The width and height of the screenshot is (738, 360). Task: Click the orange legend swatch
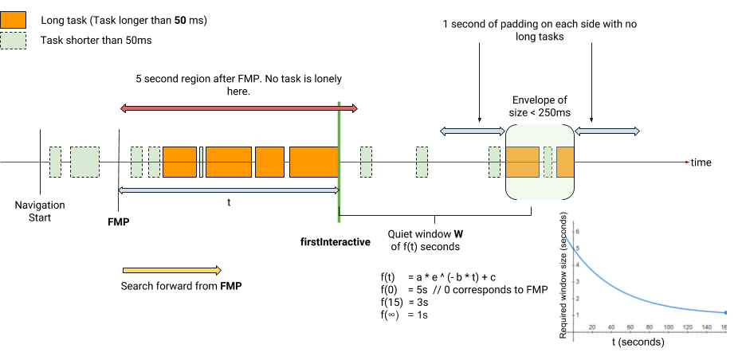pos(13,20)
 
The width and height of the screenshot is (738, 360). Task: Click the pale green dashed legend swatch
pos(13,41)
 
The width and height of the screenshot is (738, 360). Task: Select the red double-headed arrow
pos(238,108)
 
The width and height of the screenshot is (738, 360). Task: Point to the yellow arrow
pos(171,271)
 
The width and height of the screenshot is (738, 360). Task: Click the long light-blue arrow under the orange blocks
pos(229,190)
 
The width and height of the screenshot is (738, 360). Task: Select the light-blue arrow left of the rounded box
pos(473,131)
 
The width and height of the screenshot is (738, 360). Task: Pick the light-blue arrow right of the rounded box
pos(607,131)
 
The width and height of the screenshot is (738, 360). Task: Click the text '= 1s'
pos(418,315)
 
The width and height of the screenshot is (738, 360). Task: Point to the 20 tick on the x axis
pos(592,327)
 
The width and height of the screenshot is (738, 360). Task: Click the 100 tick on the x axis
pos(668,327)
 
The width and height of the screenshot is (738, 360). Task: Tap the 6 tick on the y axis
pos(577,231)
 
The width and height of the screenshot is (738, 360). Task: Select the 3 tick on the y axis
pos(577,281)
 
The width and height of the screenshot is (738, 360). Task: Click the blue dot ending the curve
pos(724,313)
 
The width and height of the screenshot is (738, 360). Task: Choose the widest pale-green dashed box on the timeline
pos(84,162)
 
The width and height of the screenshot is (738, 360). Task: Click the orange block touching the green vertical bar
pos(313,162)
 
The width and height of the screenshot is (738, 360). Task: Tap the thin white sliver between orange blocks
pos(201,162)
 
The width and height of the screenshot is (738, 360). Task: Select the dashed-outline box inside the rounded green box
pos(548,162)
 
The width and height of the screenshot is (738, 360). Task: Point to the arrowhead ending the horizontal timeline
pos(688,162)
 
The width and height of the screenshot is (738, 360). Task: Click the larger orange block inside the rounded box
pos(523,162)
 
